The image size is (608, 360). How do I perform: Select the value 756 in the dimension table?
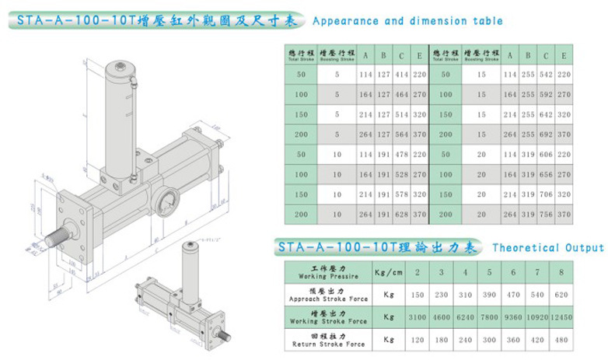click(547, 213)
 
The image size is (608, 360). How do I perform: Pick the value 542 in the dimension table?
click(547, 75)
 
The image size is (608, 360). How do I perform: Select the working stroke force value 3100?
click(418, 319)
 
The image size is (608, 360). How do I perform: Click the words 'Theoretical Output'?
click(547, 248)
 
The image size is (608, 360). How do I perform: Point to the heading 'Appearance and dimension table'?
click(407, 21)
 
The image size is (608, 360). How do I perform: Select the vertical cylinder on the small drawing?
click(188, 265)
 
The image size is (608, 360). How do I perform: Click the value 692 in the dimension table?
click(547, 133)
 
